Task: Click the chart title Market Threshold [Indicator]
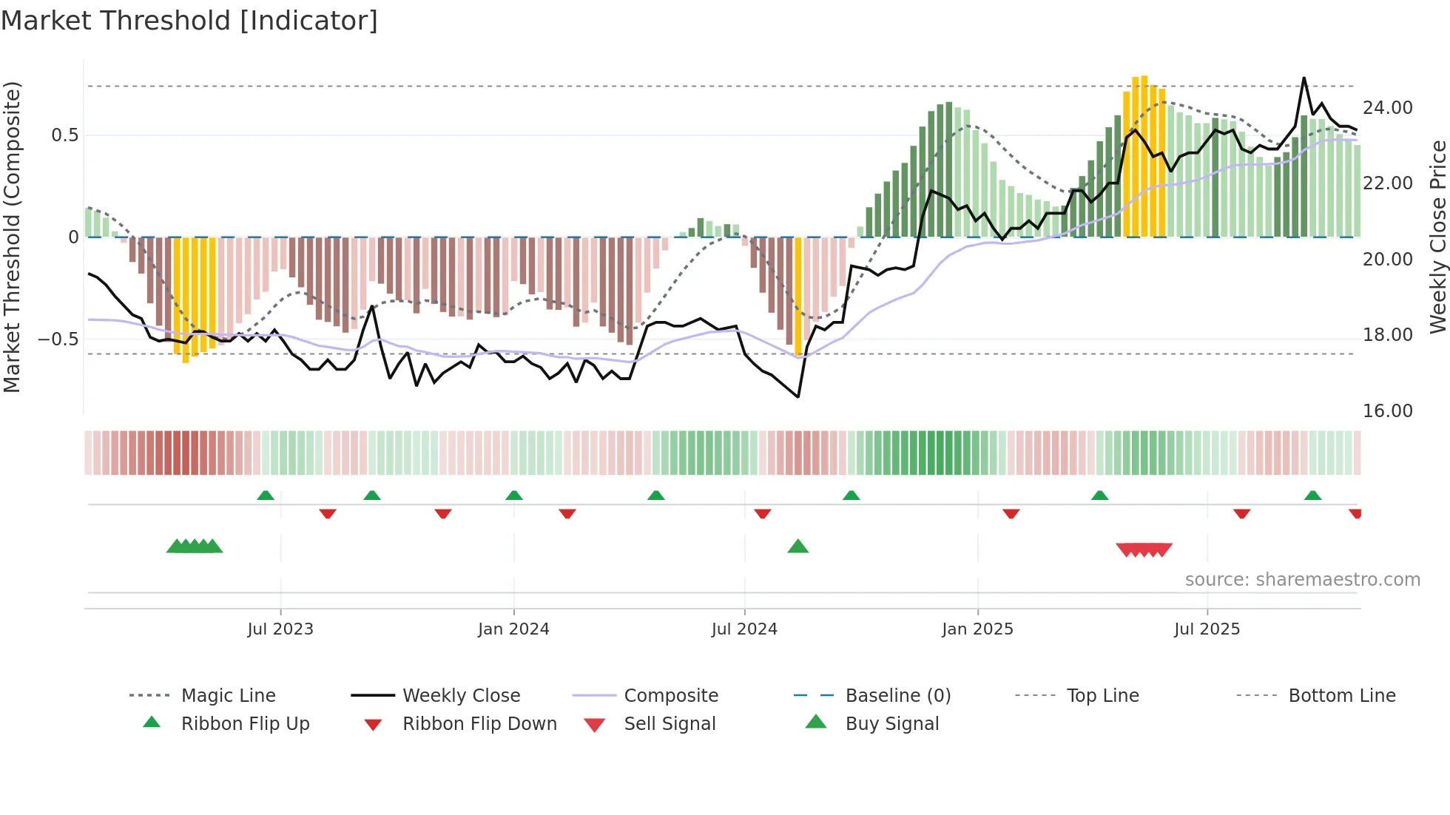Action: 189,21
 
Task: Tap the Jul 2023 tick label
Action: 280,629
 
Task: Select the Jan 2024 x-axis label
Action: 513,629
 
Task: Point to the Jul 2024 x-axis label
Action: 744,629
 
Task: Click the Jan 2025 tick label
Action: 977,629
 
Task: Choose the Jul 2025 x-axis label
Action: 1207,629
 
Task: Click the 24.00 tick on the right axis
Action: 1387,108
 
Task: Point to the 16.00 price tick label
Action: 1387,411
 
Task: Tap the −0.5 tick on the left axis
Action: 58,339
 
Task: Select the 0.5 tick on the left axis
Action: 64,135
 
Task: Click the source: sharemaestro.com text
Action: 1302,580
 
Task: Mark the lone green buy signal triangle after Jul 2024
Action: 797,547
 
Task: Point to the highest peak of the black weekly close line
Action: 1304,78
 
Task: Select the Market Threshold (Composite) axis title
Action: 12,237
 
